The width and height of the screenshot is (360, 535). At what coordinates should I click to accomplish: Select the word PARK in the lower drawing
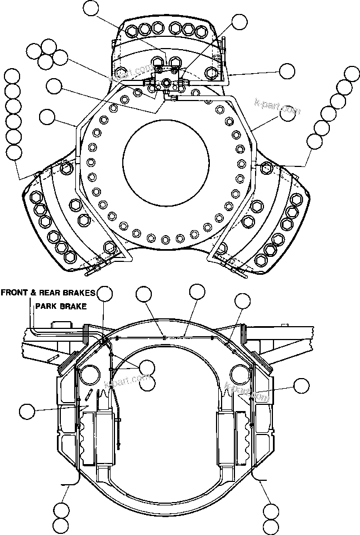tap(46, 307)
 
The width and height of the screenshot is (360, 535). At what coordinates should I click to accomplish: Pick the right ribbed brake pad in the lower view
tap(243, 438)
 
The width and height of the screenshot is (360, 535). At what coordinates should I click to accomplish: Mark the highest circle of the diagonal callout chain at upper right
tap(352, 73)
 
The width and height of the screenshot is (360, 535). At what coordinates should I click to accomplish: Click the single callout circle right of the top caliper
tap(287, 71)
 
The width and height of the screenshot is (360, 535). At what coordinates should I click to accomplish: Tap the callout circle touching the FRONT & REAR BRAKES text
tap(104, 293)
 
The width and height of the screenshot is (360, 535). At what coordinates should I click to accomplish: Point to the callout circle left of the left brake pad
tap(26, 412)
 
